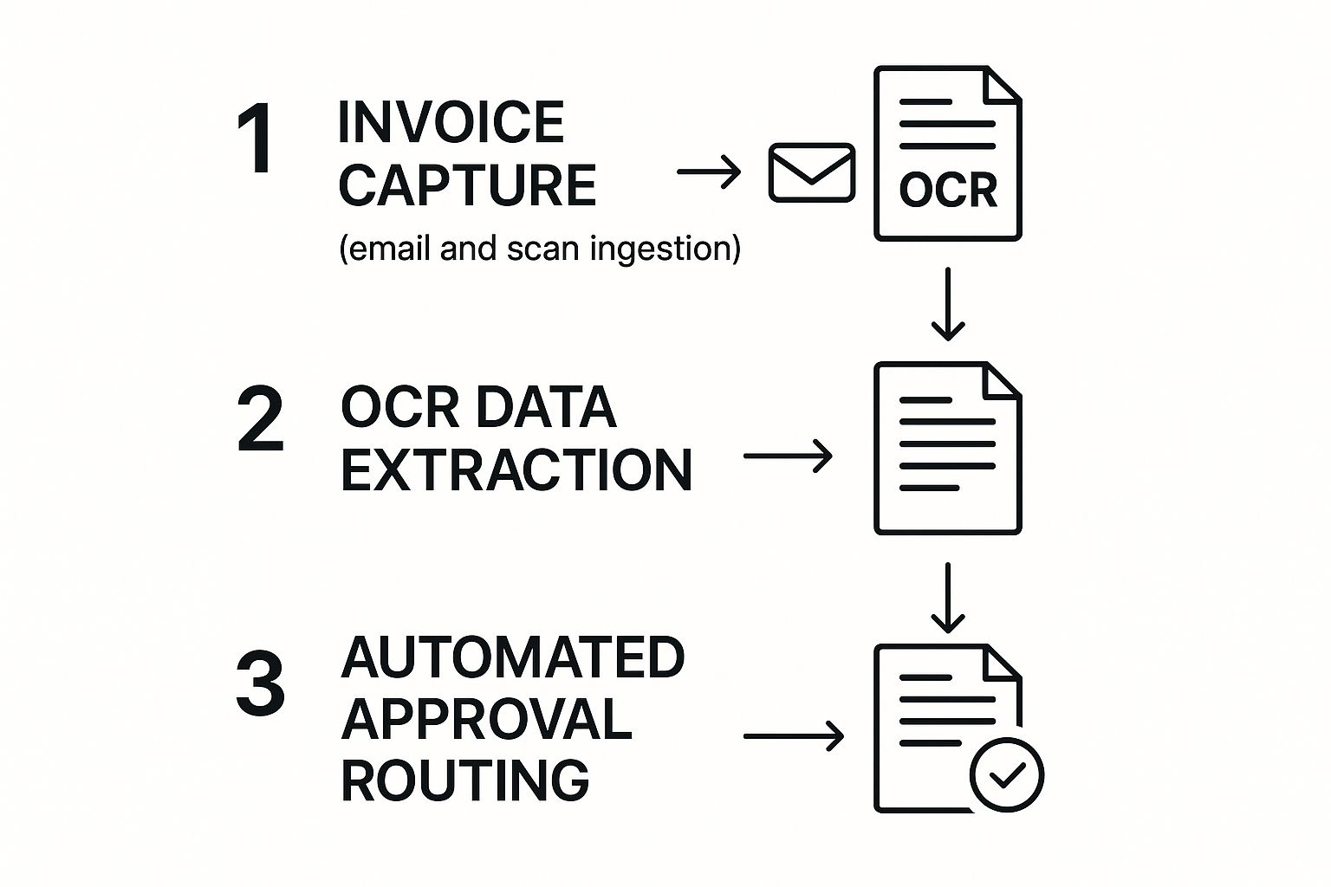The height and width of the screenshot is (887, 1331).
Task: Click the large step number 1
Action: click(x=257, y=139)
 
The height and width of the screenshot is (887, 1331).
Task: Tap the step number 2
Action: click(x=260, y=419)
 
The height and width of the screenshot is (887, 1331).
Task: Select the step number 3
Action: click(x=260, y=684)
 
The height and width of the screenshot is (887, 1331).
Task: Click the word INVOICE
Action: click(x=451, y=122)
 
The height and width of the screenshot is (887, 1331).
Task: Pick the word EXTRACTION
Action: click(x=516, y=470)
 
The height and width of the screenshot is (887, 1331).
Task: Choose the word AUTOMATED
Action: click(x=513, y=657)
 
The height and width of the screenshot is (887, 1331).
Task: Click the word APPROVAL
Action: click(x=486, y=719)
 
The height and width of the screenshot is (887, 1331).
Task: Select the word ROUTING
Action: click(x=465, y=780)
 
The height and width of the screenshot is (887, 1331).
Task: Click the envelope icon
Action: click(x=812, y=172)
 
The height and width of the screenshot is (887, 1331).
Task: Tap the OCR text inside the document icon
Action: click(x=948, y=190)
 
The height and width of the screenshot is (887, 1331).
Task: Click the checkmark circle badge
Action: click(x=1007, y=774)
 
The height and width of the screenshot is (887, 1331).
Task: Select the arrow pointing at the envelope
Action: click(x=709, y=172)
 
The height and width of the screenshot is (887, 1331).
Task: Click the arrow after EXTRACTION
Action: click(x=788, y=456)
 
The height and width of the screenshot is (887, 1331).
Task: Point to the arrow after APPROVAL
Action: click(x=793, y=736)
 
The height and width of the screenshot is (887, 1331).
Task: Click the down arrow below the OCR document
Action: click(x=948, y=303)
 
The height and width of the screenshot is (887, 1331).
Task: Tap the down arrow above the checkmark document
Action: click(x=948, y=598)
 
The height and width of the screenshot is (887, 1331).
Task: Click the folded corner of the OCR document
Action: click(x=1003, y=85)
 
